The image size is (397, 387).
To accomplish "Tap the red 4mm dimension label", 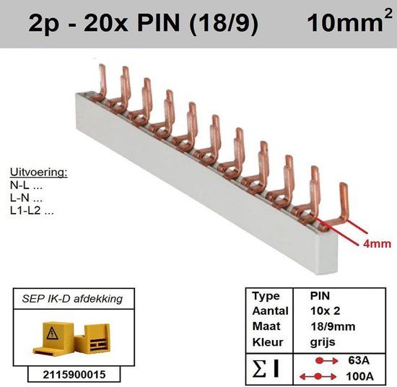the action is point(377,243).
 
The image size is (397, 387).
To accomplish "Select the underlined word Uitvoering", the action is point(39,173).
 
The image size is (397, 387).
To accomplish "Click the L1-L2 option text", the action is point(32,211).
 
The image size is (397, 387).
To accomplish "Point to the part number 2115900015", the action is point(74,375).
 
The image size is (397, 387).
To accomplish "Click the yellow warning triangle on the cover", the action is point(52,334).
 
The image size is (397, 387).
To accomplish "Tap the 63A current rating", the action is point(359,360).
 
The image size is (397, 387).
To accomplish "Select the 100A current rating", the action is point(359,377).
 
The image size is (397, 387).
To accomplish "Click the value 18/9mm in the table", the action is point(333,326).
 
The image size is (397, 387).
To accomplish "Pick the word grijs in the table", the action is point(323,342).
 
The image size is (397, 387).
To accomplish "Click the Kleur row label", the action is point(268,342).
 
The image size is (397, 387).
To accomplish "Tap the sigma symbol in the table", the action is point(259,368).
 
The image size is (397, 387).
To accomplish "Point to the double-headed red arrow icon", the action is point(318,377).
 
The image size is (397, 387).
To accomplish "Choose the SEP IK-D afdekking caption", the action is point(72,299).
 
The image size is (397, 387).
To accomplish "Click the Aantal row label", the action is point(271,311).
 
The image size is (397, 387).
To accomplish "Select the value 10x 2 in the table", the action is point(325,310).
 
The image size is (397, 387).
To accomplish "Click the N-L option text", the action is point(26,186).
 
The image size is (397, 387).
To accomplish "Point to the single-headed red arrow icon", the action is point(326,360).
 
